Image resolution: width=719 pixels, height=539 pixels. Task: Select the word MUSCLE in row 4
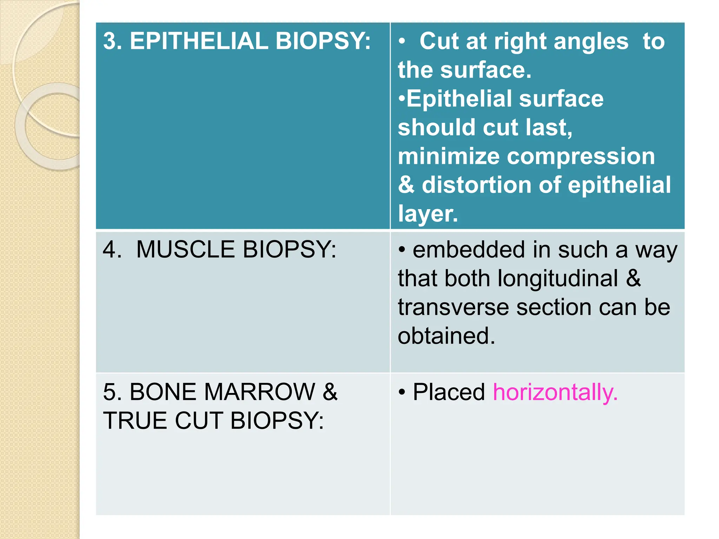pyautogui.click(x=185, y=249)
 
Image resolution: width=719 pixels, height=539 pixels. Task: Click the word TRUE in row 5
pyautogui.click(x=135, y=420)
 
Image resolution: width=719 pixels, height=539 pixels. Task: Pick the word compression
pyautogui.click(x=581, y=156)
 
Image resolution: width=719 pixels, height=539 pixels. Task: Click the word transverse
pyautogui.click(x=453, y=307)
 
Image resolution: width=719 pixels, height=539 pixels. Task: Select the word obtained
pyautogui.click(x=446, y=336)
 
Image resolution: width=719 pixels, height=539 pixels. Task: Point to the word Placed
pyautogui.click(x=449, y=392)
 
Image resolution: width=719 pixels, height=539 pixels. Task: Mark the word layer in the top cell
pyautogui.click(x=428, y=214)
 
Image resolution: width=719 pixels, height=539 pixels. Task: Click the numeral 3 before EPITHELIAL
pyautogui.click(x=110, y=41)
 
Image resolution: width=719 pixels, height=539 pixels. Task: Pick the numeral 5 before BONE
pyautogui.click(x=110, y=392)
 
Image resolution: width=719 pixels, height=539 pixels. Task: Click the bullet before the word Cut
pyautogui.click(x=402, y=41)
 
